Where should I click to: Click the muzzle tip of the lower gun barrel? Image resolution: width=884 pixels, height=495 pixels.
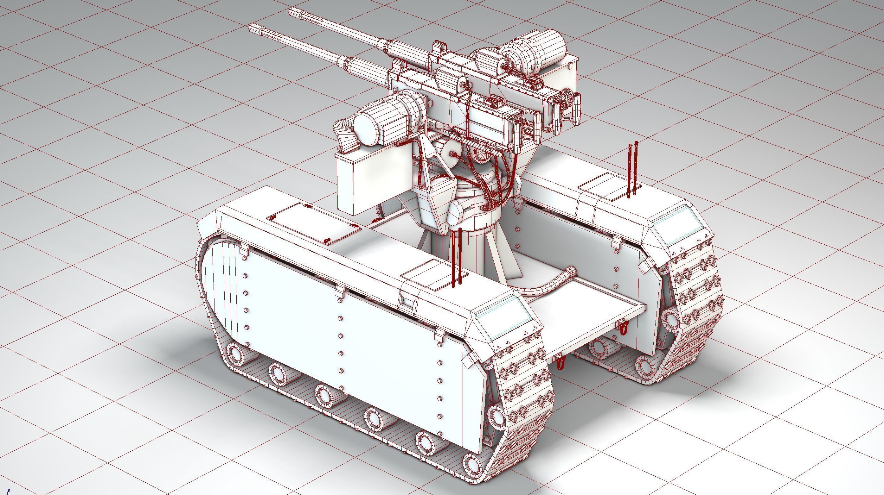(252, 28)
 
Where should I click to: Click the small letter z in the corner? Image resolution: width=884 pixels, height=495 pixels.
(9, 491)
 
